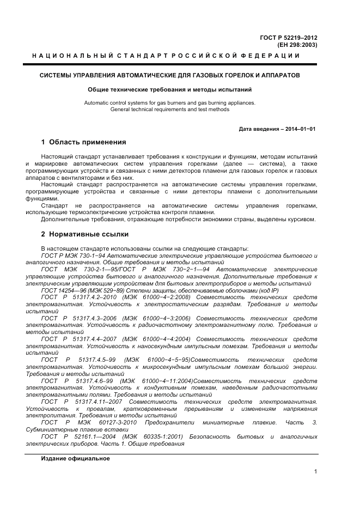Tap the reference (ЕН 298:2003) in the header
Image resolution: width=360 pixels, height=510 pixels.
pyautogui.click(x=297, y=44)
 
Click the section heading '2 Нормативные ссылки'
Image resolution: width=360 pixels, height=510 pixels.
pyautogui.click(x=84, y=234)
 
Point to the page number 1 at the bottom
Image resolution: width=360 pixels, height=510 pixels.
pyautogui.click(x=315, y=472)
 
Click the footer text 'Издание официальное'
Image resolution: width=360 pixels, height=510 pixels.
pyautogui.click(x=75, y=458)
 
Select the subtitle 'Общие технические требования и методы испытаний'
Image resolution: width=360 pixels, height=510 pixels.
pyautogui.click(x=169, y=89)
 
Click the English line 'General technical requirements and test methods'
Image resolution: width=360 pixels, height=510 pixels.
pyautogui.click(x=169, y=109)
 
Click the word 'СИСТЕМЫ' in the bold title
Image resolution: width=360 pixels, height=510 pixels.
pyautogui.click(x=56, y=75)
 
